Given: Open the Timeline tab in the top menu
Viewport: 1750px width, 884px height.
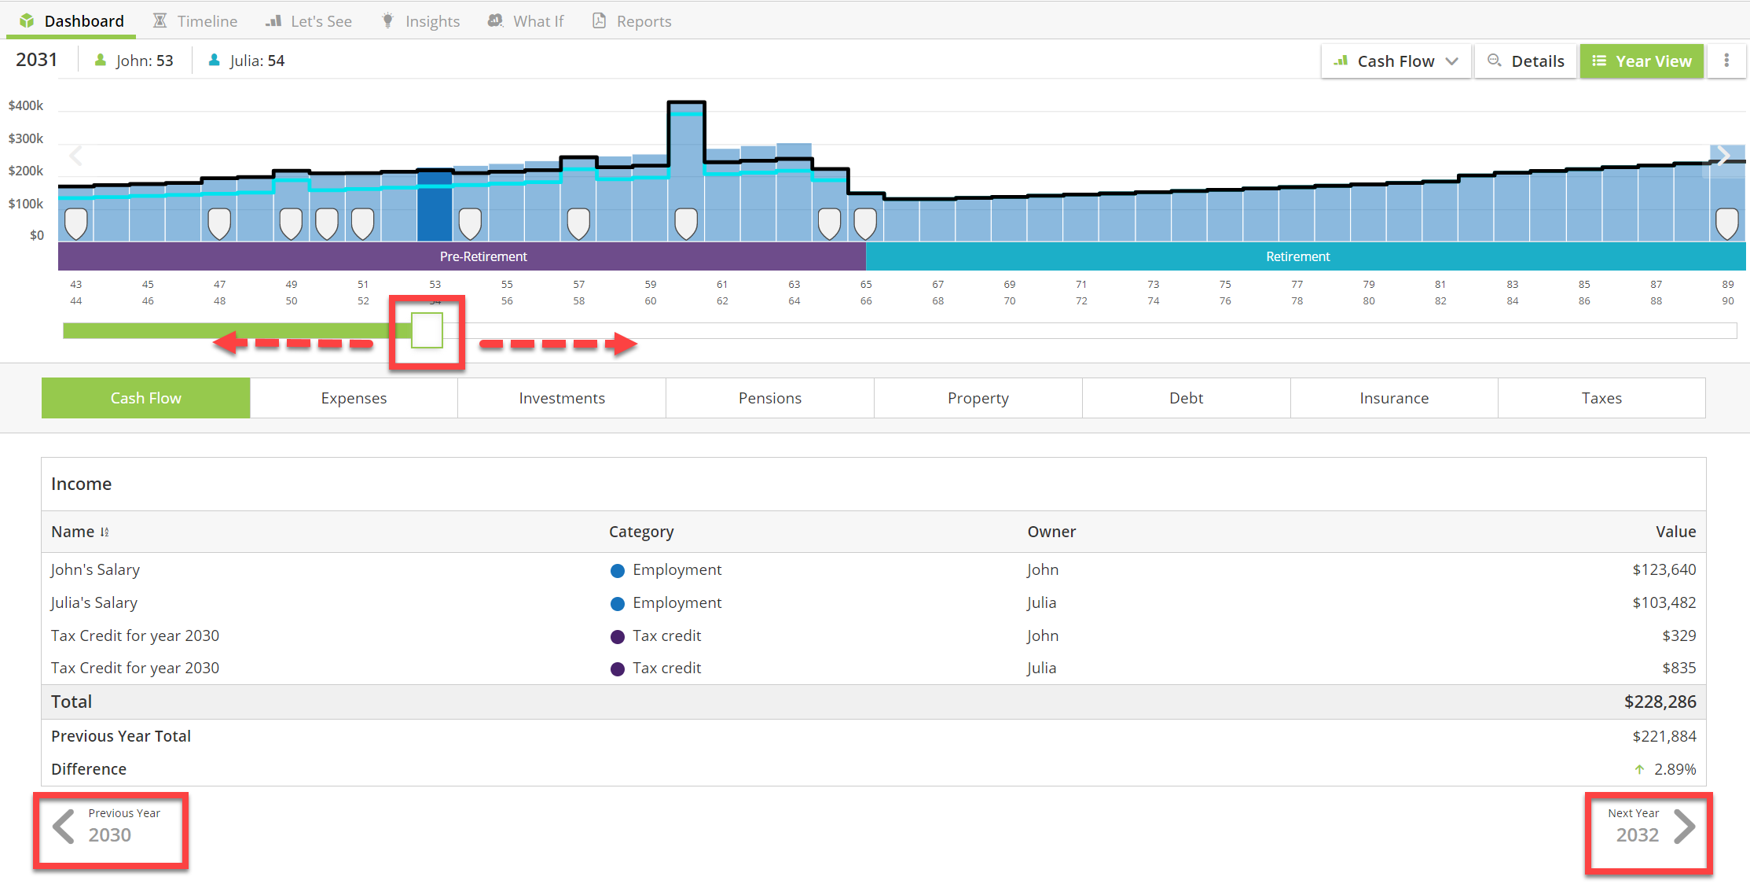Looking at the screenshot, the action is (x=195, y=21).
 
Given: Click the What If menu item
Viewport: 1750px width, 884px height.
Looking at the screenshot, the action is (x=526, y=21).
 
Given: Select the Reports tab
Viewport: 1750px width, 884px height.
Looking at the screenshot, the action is (x=632, y=21).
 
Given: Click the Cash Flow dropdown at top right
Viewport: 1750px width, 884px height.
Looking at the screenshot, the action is (x=1396, y=61).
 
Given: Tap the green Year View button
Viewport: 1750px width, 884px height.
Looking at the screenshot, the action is (x=1642, y=61).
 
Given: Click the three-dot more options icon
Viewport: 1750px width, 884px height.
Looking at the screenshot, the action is (x=1726, y=61).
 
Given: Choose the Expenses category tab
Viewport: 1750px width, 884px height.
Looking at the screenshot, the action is (x=354, y=398).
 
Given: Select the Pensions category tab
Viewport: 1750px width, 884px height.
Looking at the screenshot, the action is (x=770, y=398).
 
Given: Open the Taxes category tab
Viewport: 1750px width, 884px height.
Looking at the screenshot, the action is (x=1601, y=398).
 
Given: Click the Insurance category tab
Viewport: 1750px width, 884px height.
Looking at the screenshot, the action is (x=1394, y=398).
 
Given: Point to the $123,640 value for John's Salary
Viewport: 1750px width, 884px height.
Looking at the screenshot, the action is (x=1664, y=569).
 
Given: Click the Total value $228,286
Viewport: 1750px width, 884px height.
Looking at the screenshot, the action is (x=1660, y=702).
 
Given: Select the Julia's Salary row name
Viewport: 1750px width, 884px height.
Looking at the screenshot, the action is (x=94, y=602).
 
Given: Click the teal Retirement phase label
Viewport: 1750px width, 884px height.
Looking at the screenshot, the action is (x=1297, y=256).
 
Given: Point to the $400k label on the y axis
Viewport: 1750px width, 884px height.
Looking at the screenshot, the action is (x=26, y=105).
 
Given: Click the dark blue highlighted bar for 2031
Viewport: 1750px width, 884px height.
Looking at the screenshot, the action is (x=435, y=206).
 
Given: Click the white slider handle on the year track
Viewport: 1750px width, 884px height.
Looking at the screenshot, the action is (x=427, y=330).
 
